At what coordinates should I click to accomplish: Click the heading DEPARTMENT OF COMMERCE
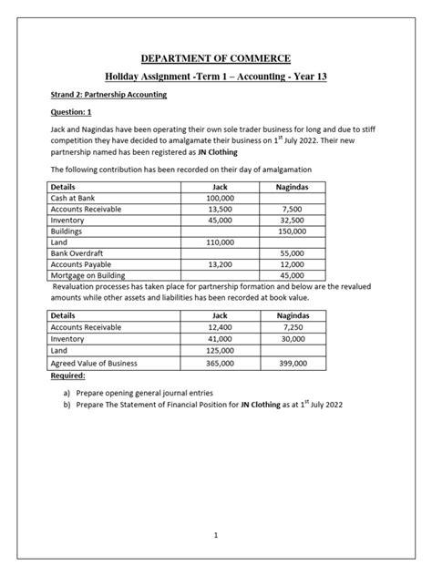coord(216,59)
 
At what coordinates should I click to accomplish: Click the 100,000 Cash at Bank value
coord(221,197)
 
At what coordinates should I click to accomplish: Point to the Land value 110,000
coord(221,243)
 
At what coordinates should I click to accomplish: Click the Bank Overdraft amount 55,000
coord(292,255)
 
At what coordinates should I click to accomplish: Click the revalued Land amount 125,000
coord(221,350)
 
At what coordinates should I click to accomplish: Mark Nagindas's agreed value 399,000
coord(292,363)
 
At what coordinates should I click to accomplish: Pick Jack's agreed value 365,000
coord(221,363)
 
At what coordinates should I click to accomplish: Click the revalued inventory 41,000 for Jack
coord(221,338)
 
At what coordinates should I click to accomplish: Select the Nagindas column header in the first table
coord(292,185)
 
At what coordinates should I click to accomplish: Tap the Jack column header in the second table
coord(221,314)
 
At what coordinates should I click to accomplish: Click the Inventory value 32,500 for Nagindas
coord(292,220)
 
